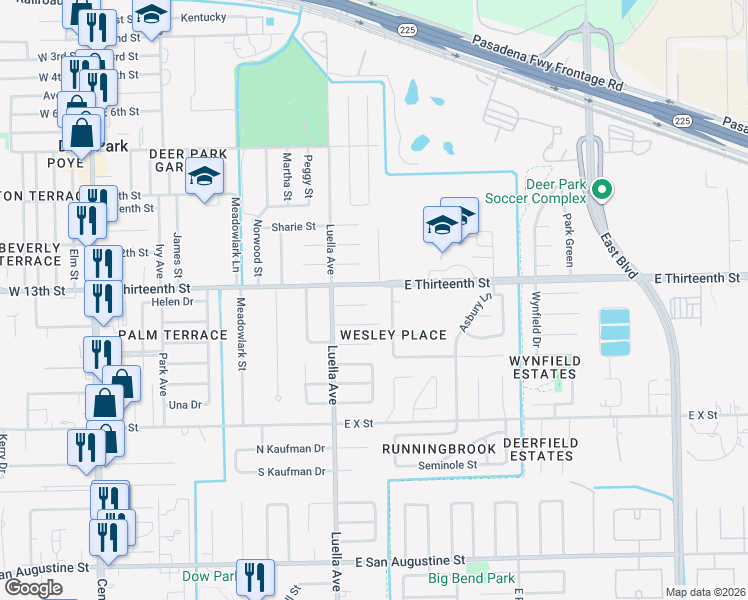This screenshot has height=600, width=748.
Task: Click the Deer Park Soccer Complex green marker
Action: tap(601, 188)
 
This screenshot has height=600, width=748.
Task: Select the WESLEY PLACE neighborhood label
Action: tap(393, 335)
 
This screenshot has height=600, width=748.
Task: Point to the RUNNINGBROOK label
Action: tap(439, 449)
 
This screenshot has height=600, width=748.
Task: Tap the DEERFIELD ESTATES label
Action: tap(539, 449)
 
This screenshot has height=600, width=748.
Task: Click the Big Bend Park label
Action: tap(471, 578)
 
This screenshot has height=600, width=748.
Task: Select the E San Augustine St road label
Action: tap(410, 562)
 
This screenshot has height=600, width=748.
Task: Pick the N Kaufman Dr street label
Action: tap(291, 450)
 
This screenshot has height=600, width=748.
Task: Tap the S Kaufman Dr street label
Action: tap(291, 471)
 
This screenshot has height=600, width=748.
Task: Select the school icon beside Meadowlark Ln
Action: tap(205, 178)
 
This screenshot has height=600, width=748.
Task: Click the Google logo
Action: tap(33, 587)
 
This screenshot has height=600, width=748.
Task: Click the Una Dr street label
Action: tap(185, 405)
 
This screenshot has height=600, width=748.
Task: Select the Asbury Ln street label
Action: tap(476, 312)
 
